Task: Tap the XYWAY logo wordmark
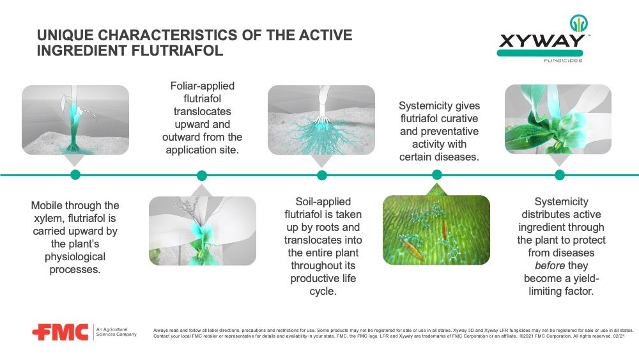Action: (x=541, y=42)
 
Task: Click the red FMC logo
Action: (x=60, y=333)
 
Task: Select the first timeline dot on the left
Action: (x=75, y=175)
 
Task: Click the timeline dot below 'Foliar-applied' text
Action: (x=202, y=175)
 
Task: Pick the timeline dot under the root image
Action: (x=321, y=175)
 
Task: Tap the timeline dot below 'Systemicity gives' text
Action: (x=437, y=175)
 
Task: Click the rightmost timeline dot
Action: (x=559, y=175)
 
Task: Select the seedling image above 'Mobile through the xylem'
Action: (x=75, y=120)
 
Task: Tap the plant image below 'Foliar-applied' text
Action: (x=202, y=231)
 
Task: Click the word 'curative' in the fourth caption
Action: (x=458, y=118)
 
